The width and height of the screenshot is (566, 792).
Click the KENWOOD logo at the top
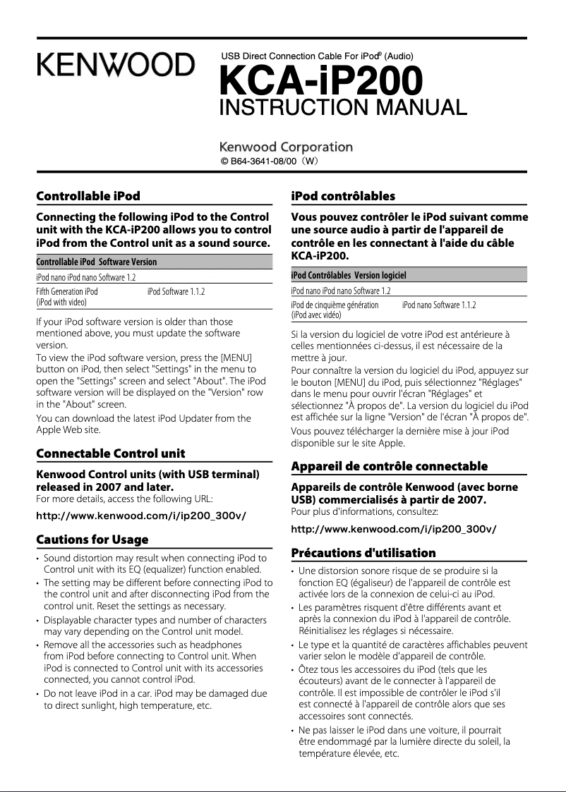tap(116, 66)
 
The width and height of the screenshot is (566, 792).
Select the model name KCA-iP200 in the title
tap(322, 82)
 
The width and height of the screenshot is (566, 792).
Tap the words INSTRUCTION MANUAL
tap(343, 108)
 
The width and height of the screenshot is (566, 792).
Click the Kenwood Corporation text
tap(287, 147)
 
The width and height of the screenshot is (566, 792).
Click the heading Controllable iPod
tap(88, 195)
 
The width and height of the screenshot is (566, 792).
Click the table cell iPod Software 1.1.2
tap(177, 291)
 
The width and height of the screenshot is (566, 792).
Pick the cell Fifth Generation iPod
tap(67, 291)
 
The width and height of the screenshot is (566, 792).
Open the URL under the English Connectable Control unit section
tap(140, 515)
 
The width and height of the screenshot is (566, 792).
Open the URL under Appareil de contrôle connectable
tap(393, 528)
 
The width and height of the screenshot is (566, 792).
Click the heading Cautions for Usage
tap(92, 540)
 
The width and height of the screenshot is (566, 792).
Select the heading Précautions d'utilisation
tap(363, 552)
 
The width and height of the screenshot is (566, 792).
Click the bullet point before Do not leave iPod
tap(38, 694)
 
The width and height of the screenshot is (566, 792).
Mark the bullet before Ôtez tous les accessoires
tap(294, 669)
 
